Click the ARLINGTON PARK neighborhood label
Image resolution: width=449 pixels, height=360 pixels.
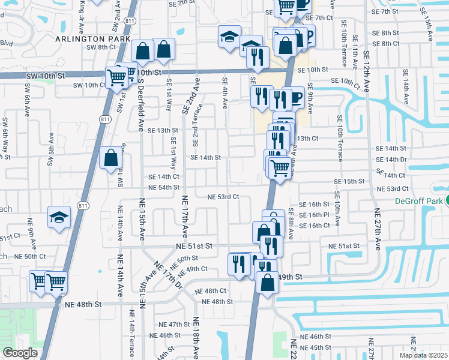tap(93, 38)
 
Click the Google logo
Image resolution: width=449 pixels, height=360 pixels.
tap(20, 353)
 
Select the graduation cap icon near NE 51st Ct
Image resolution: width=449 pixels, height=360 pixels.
tap(59, 217)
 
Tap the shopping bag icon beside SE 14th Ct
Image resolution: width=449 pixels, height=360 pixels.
tap(111, 159)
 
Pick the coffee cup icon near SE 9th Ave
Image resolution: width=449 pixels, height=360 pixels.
tap(295, 97)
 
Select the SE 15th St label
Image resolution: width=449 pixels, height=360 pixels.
tap(350, 181)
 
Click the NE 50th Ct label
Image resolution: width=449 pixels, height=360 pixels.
tap(29, 256)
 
